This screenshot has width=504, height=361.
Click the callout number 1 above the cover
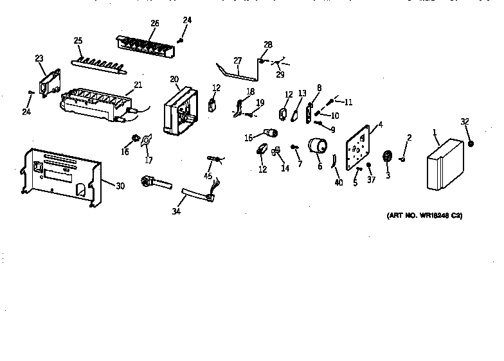click(435, 133)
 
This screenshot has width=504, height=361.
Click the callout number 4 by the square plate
click(380, 125)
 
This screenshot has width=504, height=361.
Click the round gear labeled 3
click(388, 157)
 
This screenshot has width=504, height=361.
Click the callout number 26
click(154, 24)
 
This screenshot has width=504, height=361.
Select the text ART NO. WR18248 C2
click(425, 216)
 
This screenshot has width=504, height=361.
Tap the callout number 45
click(208, 176)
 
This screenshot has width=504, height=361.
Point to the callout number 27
click(237, 61)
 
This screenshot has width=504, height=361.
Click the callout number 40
click(339, 182)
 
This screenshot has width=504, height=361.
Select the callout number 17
click(148, 161)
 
